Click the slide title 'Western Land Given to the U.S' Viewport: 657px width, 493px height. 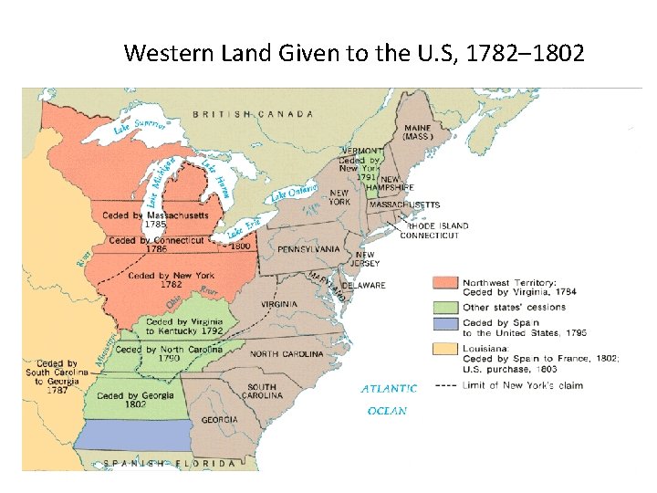(354, 52)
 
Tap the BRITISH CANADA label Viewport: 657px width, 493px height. (253, 114)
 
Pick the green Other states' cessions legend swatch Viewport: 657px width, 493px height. (445, 307)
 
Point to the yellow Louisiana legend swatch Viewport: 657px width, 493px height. (445, 349)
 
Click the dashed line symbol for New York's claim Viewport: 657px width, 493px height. (446, 385)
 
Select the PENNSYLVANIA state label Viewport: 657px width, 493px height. (308, 249)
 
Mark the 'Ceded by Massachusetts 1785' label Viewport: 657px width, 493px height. (158, 220)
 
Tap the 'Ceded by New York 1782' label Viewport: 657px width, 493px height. (171, 279)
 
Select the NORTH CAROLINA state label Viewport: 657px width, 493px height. (287, 353)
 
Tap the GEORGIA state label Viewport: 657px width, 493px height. (219, 420)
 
